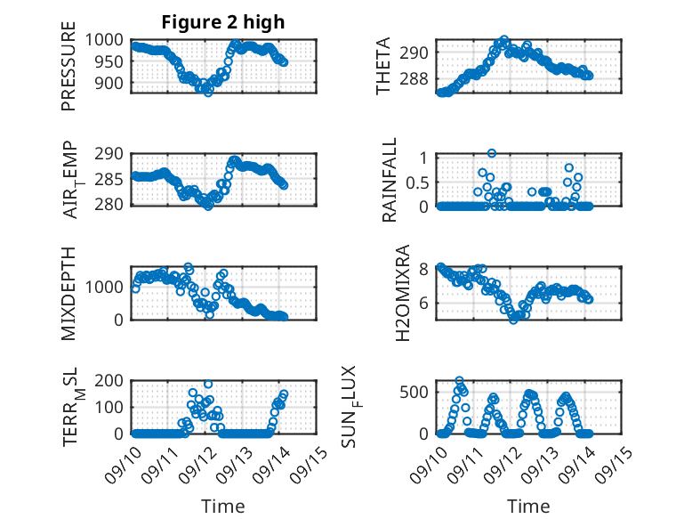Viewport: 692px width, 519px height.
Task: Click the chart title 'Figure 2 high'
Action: tap(222, 23)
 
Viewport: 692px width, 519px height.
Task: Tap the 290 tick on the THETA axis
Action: tap(419, 53)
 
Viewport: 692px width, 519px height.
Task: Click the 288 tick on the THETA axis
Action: tap(419, 79)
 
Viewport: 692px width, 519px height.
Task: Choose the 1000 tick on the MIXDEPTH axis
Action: tap(108, 287)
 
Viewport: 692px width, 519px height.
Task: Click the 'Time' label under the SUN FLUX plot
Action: tap(528, 506)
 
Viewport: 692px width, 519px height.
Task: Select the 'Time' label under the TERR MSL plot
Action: tap(222, 506)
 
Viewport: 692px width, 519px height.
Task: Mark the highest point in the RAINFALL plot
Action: tap(491, 153)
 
